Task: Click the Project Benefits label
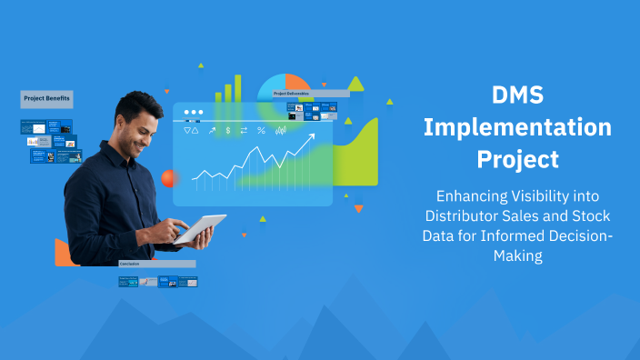46,98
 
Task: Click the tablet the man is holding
200,229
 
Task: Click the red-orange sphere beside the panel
168,178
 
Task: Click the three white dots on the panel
193,113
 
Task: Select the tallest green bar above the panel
239,88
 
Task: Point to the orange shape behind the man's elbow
63,253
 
